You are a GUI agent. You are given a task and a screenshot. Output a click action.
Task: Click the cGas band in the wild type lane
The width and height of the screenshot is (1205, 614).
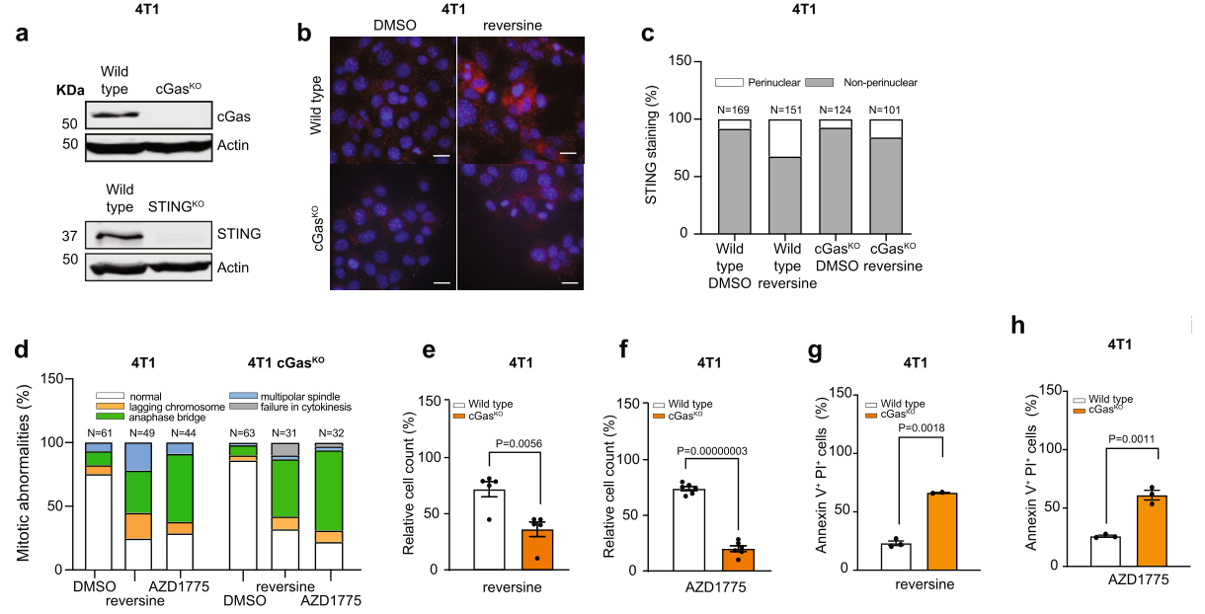pos(116,115)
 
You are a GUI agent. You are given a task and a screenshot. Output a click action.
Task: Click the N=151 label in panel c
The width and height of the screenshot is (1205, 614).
pos(786,110)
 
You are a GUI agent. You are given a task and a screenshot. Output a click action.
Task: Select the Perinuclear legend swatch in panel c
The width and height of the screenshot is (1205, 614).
pos(729,83)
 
